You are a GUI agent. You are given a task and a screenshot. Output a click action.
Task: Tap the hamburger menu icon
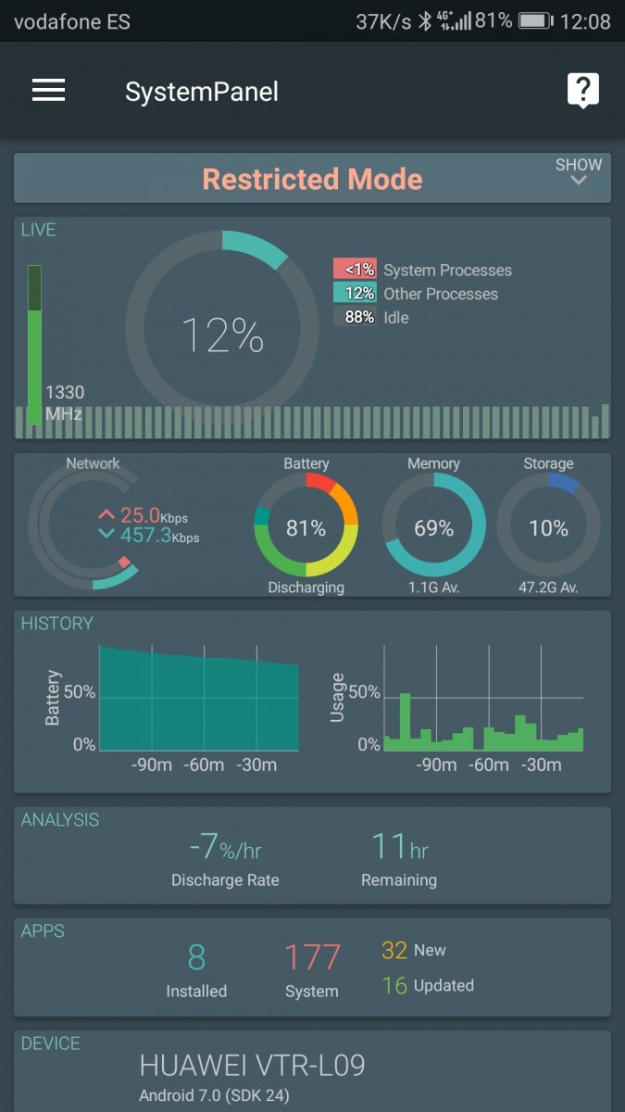click(x=48, y=90)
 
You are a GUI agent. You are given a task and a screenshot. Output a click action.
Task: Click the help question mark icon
click(x=582, y=90)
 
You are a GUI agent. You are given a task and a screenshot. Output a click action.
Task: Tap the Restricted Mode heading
click(x=312, y=179)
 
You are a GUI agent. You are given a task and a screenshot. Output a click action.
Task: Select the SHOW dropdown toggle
click(x=578, y=171)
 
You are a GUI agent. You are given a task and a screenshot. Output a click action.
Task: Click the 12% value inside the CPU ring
click(x=222, y=335)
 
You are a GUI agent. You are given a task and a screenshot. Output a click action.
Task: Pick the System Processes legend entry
click(x=422, y=270)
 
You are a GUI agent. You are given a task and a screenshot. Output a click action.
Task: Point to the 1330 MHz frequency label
click(x=64, y=403)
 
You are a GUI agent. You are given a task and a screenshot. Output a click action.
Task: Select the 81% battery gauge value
click(x=306, y=528)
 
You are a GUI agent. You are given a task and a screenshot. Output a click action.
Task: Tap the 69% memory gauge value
click(x=433, y=528)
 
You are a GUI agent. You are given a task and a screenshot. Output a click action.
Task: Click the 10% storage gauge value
click(x=548, y=528)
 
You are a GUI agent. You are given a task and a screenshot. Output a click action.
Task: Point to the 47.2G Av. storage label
click(x=548, y=588)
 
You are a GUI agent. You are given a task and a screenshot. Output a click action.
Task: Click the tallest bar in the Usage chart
click(x=404, y=721)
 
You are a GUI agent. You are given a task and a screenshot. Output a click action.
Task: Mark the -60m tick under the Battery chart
click(x=204, y=764)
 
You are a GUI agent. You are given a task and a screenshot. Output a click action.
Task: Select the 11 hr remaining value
click(x=399, y=847)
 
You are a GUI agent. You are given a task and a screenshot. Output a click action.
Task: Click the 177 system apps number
click(x=312, y=957)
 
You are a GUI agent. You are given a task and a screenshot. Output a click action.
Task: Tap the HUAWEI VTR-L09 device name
click(x=252, y=1066)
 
